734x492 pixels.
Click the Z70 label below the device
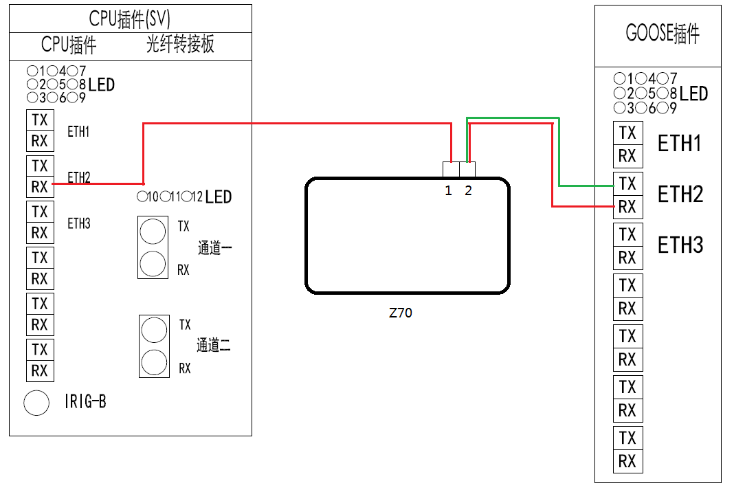(x=401, y=313)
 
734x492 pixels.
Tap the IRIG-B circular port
(x=36, y=403)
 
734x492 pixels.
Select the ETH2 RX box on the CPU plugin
(x=40, y=186)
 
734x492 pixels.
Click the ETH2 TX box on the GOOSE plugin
(x=627, y=183)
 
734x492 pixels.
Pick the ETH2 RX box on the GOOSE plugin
(x=627, y=207)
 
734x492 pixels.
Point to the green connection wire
(x=559, y=151)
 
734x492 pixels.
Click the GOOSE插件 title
(x=662, y=34)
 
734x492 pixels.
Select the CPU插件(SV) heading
(x=130, y=19)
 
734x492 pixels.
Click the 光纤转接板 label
(x=180, y=45)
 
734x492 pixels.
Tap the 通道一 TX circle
(x=153, y=231)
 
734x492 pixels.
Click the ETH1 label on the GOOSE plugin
(x=680, y=144)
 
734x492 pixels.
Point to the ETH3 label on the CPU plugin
(x=78, y=223)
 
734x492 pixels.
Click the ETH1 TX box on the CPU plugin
(x=40, y=120)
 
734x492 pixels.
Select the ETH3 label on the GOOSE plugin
(x=680, y=245)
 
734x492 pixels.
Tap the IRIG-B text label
(x=85, y=402)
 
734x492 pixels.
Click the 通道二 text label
(x=213, y=346)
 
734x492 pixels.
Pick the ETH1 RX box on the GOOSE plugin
(x=627, y=156)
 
